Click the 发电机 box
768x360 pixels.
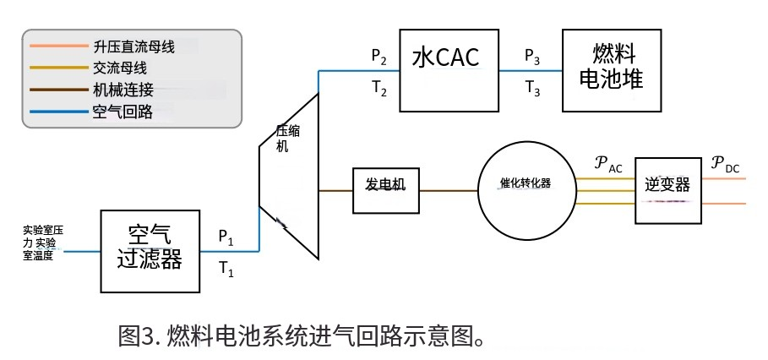(385, 184)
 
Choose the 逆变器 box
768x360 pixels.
(667, 187)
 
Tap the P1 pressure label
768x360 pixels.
(226, 237)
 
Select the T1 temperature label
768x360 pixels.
(226, 270)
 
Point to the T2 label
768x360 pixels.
(379, 88)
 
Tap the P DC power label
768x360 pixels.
(724, 163)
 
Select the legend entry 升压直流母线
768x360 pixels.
(133, 46)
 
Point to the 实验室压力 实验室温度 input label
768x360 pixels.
(43, 243)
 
